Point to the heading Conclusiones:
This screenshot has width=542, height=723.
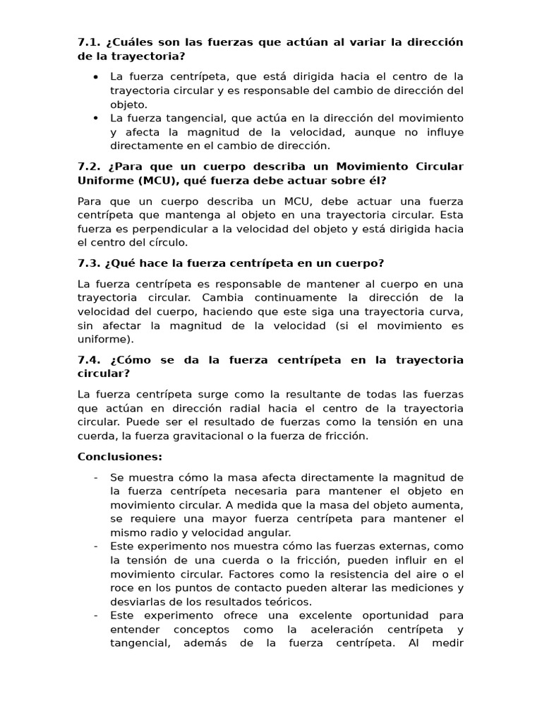120,456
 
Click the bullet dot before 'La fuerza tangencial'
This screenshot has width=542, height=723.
95,118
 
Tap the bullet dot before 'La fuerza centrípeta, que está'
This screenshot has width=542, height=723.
95,76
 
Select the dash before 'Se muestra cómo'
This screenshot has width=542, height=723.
95,477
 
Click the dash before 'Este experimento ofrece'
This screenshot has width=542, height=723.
95,615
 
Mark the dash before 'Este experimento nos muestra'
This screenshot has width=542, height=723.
95,546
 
